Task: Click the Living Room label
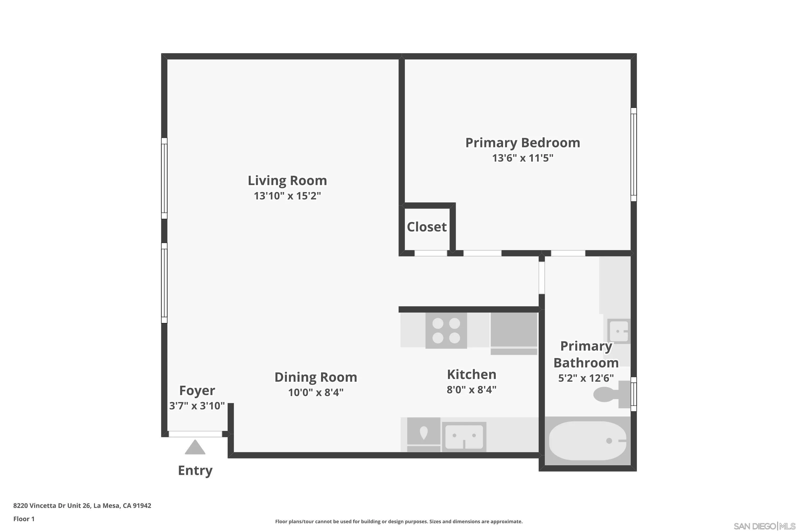287,181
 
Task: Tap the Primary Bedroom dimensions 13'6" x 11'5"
522,158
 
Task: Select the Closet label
426,227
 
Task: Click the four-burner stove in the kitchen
446,330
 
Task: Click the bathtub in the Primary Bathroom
587,441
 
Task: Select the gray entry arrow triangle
195,447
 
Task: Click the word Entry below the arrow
195,470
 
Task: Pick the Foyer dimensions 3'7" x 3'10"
197,406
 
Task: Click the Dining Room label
315,377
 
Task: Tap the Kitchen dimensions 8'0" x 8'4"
471,389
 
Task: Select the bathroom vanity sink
618,331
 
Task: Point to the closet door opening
431,253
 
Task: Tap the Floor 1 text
24,519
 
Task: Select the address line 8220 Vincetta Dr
82,506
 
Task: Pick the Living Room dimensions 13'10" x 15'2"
287,196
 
